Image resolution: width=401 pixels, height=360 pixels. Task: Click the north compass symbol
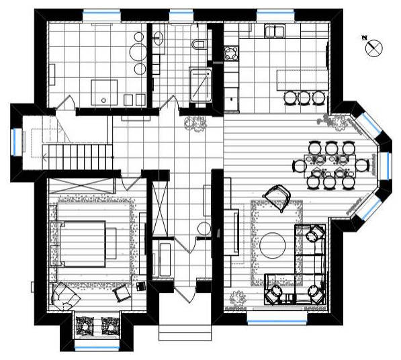tap(374, 48)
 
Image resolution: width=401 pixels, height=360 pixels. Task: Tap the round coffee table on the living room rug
tap(272, 246)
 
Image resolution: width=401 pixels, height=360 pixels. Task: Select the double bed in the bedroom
tap(83, 244)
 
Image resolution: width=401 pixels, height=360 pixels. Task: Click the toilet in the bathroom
tap(198, 44)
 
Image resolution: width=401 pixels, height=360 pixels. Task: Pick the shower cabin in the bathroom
tap(200, 85)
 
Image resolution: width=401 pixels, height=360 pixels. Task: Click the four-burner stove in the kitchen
tap(231, 54)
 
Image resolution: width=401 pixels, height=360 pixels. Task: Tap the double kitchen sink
tap(275, 31)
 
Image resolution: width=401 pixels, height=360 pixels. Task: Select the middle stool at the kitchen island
tap(304, 98)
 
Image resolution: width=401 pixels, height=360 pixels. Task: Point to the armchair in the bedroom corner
tap(65, 297)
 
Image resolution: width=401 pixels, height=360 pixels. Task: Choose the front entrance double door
tap(185, 294)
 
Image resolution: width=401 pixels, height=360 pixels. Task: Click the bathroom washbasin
tap(159, 38)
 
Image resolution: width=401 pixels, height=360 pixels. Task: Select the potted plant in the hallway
tap(195, 124)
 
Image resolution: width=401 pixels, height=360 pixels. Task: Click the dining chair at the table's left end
tap(299, 166)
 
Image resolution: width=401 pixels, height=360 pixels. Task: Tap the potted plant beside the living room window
tap(238, 298)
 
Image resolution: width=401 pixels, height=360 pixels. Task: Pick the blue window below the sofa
tap(277, 320)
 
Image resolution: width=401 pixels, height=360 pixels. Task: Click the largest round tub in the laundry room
tap(138, 52)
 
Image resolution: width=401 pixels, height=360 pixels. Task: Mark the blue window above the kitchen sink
tap(276, 12)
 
